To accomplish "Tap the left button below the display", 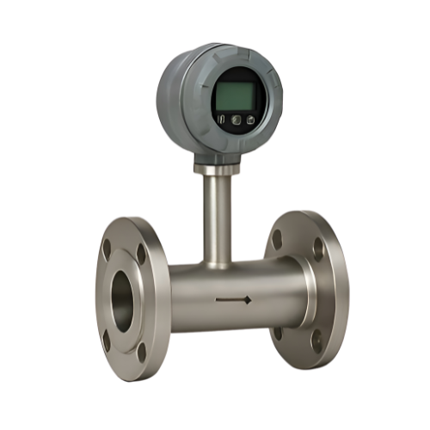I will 221,120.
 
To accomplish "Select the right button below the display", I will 249,120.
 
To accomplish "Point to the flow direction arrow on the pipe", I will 233,300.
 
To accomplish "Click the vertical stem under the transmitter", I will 217,215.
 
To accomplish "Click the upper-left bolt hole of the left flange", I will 107,249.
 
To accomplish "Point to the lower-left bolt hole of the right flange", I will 278,332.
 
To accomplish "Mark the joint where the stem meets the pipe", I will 217,261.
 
